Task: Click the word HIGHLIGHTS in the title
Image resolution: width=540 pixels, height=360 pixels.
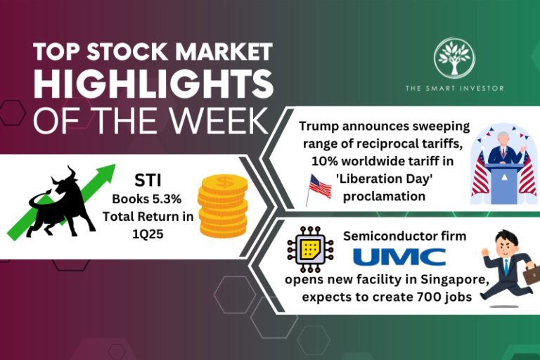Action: pos(153,84)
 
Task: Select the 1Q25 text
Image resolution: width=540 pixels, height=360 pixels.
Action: pos(147,234)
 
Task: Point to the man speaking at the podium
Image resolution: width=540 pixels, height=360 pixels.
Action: pos(503,150)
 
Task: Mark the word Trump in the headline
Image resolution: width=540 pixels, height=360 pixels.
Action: pos(318,127)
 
